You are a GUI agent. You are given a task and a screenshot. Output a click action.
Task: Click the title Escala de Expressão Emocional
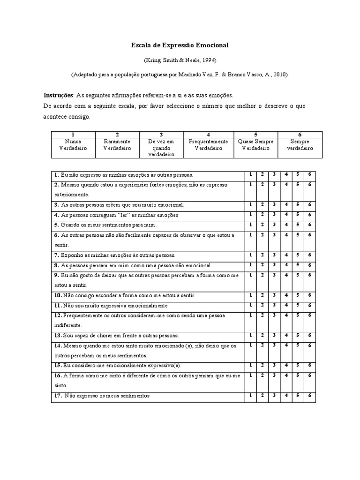click(x=180, y=45)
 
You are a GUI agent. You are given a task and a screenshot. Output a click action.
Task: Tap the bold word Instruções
click(x=58, y=95)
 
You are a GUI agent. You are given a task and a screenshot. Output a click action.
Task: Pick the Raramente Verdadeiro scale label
click(x=117, y=144)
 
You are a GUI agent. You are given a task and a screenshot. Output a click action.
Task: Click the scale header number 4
click(x=208, y=134)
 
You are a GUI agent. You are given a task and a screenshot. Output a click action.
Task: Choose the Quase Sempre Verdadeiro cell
click(x=255, y=144)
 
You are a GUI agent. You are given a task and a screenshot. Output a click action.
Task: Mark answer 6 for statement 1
click(x=309, y=174)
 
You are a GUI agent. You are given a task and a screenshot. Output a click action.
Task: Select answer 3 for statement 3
click(x=274, y=204)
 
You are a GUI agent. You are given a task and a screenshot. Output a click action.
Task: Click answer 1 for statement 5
click(x=251, y=225)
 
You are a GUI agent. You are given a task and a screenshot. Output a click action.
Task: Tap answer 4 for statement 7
click(x=286, y=255)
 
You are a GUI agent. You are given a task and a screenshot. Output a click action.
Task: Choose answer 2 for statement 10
click(x=262, y=295)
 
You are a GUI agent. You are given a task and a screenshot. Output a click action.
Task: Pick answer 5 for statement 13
click(x=298, y=335)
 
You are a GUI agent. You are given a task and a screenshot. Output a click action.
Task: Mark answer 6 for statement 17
click(x=309, y=395)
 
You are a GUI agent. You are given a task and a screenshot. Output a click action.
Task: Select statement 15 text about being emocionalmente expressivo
click(x=118, y=365)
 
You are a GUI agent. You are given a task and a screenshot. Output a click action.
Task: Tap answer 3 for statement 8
click(x=274, y=265)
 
